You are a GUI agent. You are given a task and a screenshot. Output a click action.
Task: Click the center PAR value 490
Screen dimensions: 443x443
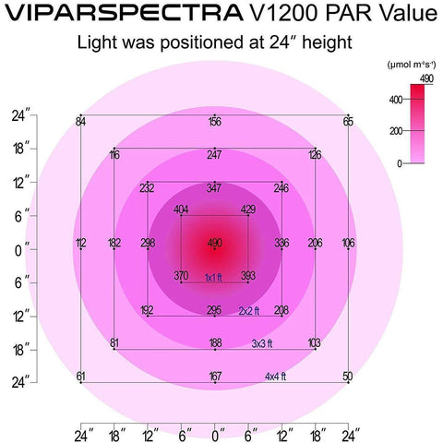pos(214,243)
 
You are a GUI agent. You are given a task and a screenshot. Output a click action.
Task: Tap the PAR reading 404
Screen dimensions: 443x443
pos(181,210)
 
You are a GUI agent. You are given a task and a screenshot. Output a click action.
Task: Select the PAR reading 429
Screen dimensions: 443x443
pos(247,210)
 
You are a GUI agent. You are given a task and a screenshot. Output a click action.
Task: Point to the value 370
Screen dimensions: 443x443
pos(181,276)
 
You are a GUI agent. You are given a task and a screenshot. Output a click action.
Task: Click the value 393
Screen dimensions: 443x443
pos(247,276)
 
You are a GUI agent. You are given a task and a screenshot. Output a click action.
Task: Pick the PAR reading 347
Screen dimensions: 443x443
pos(214,187)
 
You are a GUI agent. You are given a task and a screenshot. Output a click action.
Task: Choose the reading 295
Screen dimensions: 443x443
pos(214,310)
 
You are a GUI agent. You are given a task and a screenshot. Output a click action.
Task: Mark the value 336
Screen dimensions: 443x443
pos(281,243)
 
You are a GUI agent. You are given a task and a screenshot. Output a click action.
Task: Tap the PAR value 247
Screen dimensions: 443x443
pos(214,154)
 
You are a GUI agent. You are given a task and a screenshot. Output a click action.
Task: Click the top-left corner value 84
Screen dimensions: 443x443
pos(81,122)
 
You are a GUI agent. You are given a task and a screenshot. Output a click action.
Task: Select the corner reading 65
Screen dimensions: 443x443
pos(348,122)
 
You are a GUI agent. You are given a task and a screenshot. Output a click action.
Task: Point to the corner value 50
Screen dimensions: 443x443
pos(347,376)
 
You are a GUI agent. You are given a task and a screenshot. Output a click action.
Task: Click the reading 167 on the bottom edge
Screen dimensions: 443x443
pos(214,376)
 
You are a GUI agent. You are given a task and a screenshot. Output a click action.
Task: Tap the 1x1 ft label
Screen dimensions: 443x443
pos(214,276)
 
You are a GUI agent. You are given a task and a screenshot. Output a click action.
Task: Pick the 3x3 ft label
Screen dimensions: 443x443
pos(264,343)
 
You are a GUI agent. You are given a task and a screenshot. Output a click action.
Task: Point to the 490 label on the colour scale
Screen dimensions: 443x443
pos(425,79)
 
